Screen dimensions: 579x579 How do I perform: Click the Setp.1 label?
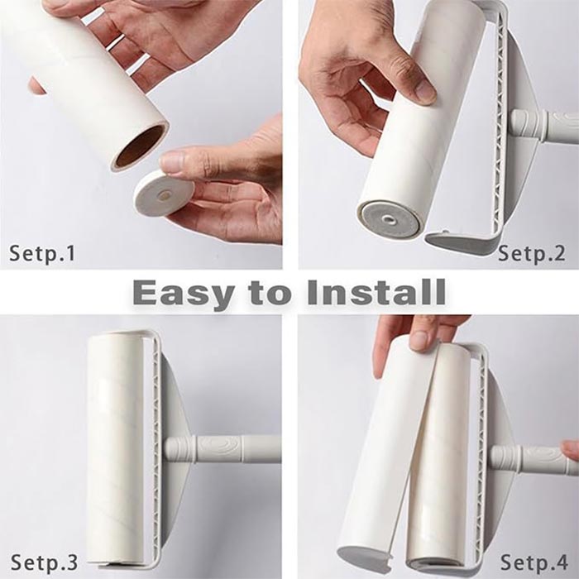[x=42, y=253]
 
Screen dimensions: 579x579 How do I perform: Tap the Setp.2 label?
[x=531, y=253]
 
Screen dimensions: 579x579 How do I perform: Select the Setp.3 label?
[x=45, y=562]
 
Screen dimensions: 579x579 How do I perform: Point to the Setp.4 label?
[x=534, y=562]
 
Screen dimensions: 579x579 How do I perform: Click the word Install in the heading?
[x=376, y=292]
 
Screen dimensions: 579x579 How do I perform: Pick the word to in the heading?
[x=269, y=293]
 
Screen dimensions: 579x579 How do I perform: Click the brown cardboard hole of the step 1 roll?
[x=140, y=146]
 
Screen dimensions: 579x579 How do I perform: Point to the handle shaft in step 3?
[x=223, y=449]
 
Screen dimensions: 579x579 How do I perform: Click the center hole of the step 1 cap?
[x=164, y=194]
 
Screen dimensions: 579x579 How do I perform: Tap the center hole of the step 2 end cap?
[x=388, y=220]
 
